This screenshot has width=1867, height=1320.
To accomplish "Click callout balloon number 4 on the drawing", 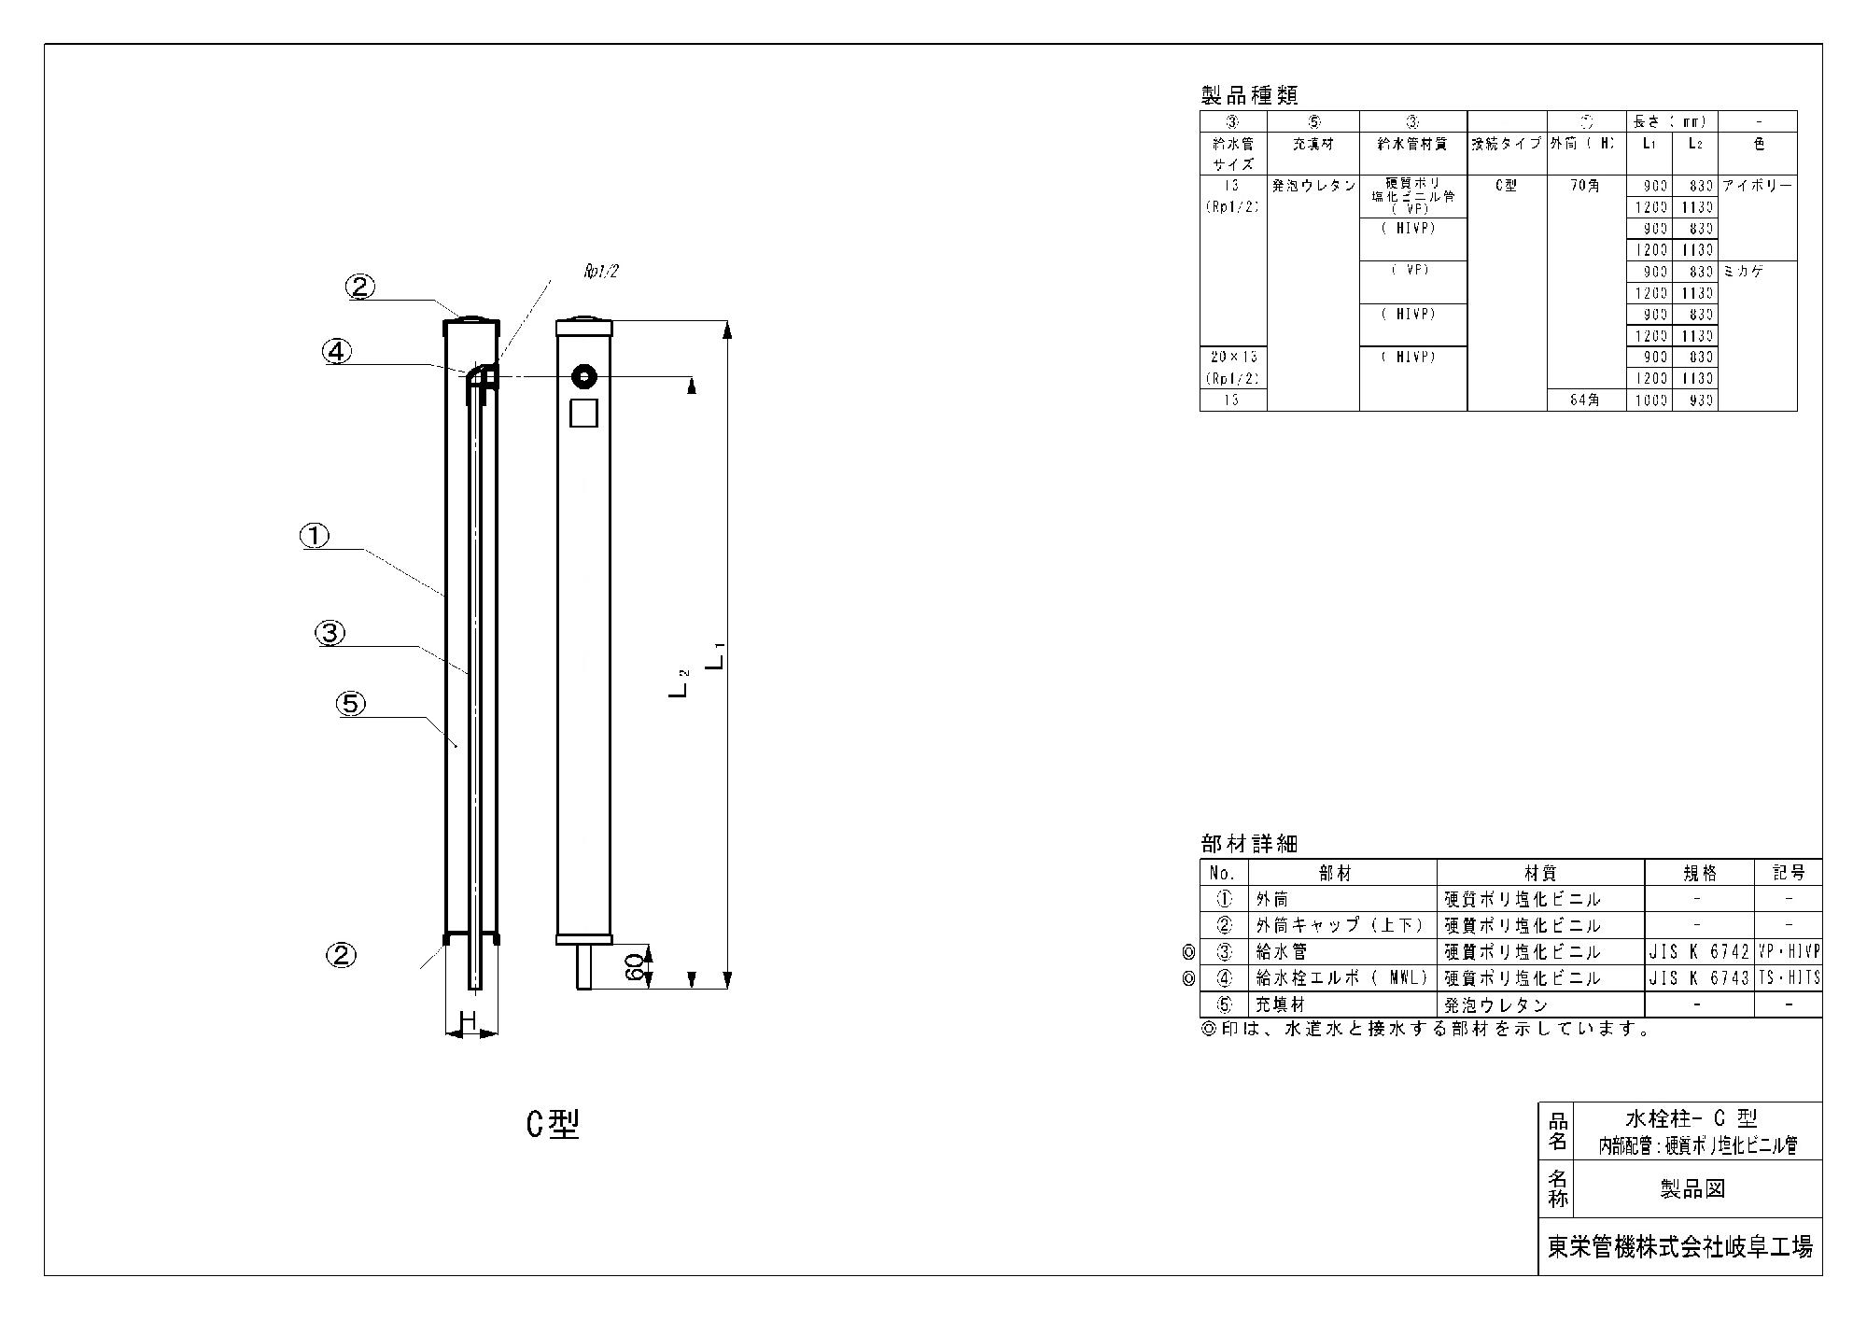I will point(337,351).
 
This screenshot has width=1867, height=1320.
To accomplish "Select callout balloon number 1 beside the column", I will point(315,536).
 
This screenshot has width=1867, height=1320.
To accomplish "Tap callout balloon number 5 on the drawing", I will point(351,704).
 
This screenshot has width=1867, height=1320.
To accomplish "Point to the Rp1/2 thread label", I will point(601,272).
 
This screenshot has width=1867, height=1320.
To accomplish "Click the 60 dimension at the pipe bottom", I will point(634,968).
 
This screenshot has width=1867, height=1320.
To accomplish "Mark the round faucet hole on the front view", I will point(584,377).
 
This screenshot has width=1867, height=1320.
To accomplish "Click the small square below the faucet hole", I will point(583,413).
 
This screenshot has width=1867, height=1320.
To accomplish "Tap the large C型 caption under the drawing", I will point(553,1126).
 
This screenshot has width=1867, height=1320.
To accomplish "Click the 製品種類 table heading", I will point(1249,95).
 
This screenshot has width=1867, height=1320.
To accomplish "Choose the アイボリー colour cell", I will point(1757,186).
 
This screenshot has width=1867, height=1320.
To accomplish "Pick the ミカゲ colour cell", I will point(1744,272).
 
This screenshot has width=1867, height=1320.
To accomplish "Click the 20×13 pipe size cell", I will point(1232,358).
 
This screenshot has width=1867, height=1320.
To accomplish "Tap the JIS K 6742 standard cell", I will point(1697,952).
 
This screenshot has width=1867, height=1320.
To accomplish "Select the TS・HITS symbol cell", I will point(1788,978).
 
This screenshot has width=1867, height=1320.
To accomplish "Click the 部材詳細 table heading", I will point(1249,844).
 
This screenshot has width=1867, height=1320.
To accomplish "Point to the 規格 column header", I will point(1698,873).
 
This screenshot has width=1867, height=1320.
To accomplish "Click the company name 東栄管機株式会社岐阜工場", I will point(1679,1247).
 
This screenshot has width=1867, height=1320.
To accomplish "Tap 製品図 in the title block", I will point(1692,1188).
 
